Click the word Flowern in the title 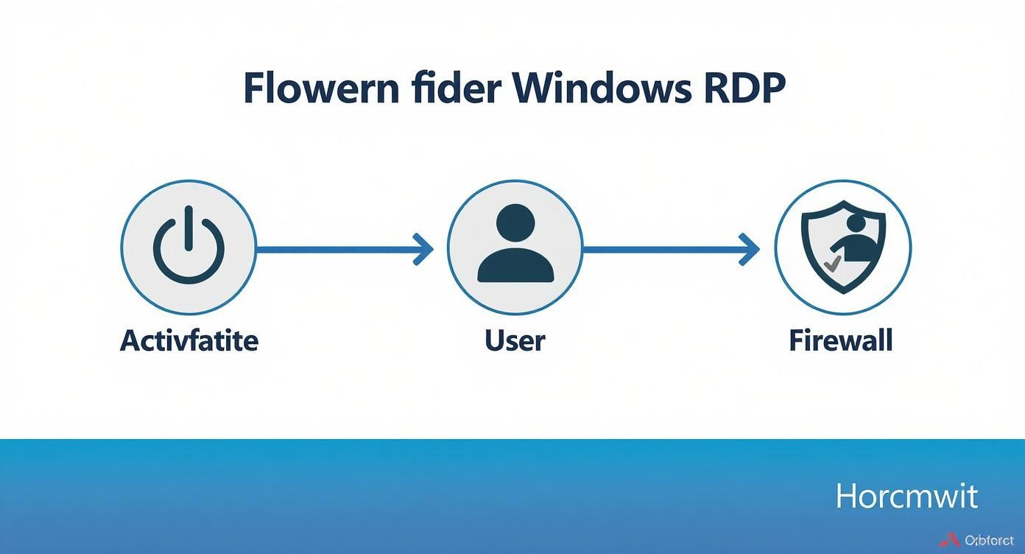click(x=321, y=89)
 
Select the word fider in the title click(x=455, y=89)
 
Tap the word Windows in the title click(x=601, y=89)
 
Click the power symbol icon click(x=189, y=246)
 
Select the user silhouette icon click(x=515, y=246)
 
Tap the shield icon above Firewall click(x=842, y=246)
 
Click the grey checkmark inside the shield click(x=832, y=263)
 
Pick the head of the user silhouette click(x=515, y=222)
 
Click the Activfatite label click(x=189, y=340)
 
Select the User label click(x=515, y=340)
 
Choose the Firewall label click(x=840, y=340)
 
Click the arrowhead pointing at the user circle click(x=423, y=250)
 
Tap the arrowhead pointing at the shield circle click(x=750, y=250)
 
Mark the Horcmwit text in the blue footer click(x=906, y=497)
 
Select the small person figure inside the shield click(x=854, y=239)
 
